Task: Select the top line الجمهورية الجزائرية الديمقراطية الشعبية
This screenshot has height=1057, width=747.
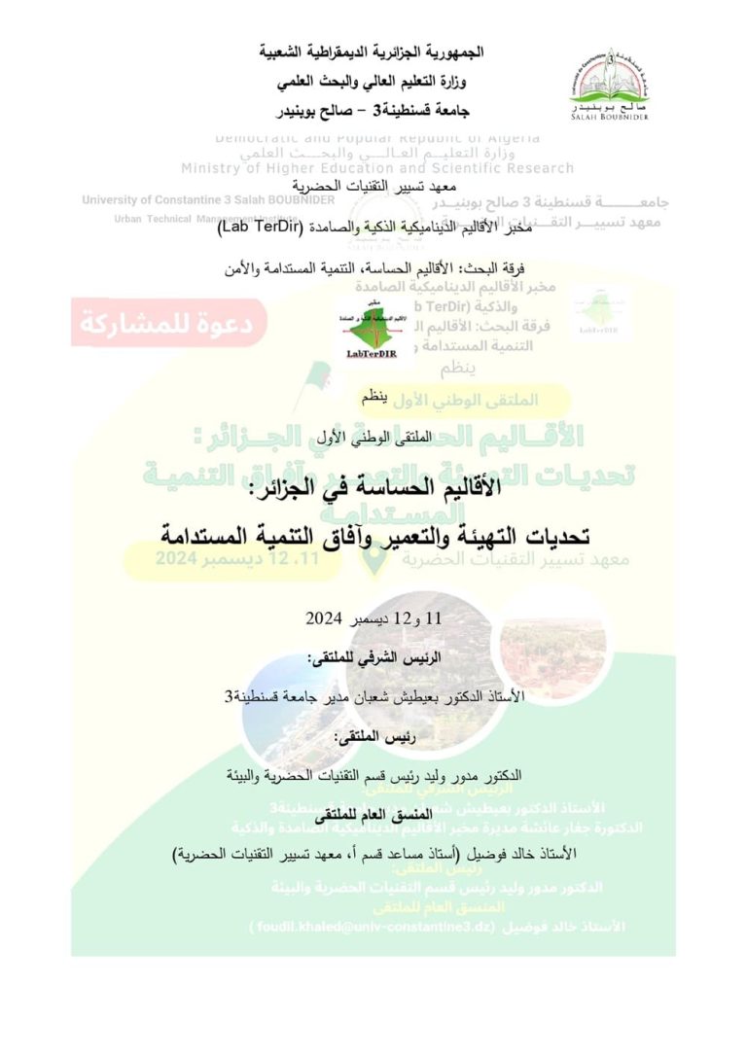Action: coord(373,51)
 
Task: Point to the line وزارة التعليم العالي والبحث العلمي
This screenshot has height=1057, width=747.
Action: coord(373,79)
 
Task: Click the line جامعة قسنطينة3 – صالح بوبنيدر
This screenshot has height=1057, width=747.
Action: coord(373,107)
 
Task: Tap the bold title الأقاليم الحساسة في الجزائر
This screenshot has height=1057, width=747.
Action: coord(373,492)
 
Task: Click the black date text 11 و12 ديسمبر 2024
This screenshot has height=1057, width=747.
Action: coord(373,618)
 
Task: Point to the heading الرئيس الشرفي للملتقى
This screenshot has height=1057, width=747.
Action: coord(373,657)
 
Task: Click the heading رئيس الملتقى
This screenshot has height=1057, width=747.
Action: coord(373,738)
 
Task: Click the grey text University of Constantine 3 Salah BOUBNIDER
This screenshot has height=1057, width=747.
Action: coord(208,200)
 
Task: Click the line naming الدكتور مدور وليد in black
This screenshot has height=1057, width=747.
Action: coord(373,776)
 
